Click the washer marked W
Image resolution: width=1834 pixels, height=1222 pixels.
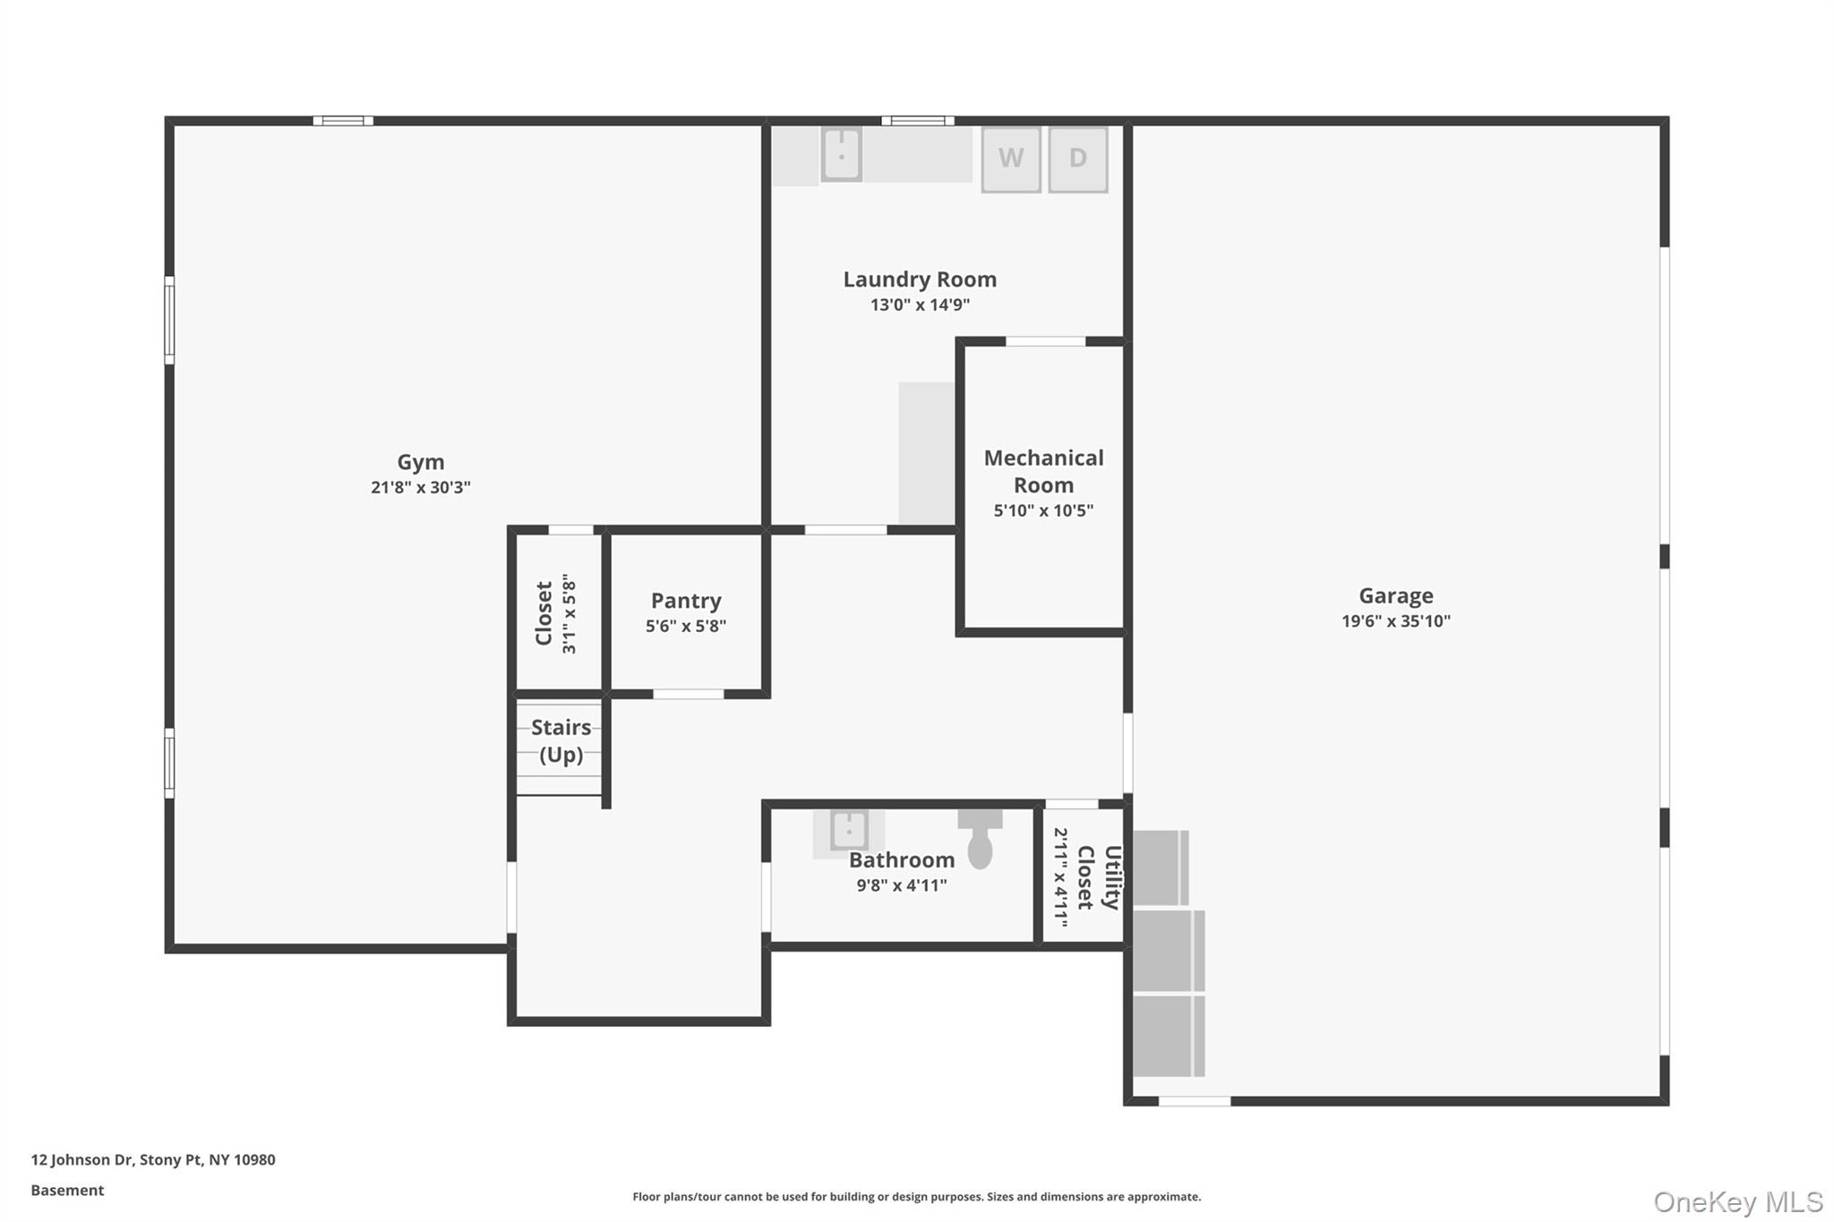click(1010, 159)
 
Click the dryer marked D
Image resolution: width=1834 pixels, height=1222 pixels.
click(1077, 159)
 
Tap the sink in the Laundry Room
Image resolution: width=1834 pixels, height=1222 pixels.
click(841, 154)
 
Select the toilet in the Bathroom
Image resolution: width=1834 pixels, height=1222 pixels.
click(980, 840)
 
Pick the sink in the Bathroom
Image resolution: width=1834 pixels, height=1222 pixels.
click(848, 831)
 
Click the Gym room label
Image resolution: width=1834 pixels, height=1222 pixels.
click(421, 462)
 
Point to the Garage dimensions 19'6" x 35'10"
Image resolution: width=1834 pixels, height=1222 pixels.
click(1395, 621)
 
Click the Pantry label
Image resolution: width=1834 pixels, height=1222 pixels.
click(686, 601)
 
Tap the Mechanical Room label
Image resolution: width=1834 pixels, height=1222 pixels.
click(1043, 472)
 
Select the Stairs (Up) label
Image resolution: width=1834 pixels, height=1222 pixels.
click(561, 741)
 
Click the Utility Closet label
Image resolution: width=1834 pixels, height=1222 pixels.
click(1099, 877)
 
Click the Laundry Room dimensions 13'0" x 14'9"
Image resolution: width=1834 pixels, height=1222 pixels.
click(920, 305)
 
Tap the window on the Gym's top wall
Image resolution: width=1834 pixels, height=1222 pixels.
click(343, 121)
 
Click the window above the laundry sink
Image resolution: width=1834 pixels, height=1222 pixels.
click(917, 121)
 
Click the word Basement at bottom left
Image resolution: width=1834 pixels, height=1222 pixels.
click(67, 1191)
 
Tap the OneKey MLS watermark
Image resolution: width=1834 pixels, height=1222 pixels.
click(1737, 1202)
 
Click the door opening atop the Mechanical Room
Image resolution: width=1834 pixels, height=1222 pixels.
click(1045, 341)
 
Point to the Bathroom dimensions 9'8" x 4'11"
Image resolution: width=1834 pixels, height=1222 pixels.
click(901, 885)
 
